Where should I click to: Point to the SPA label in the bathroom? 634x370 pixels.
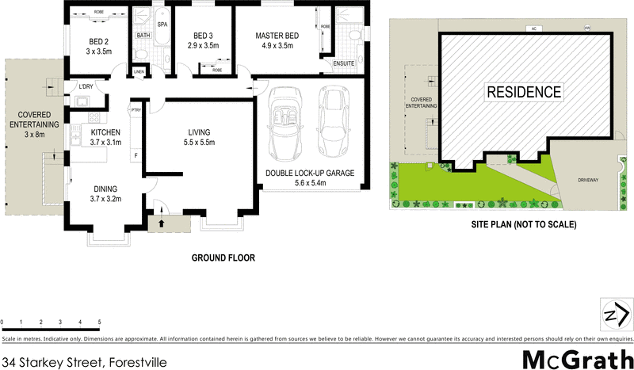coord(162,25)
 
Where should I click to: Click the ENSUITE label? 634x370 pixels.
coord(343,63)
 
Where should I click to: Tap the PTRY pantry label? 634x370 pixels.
coord(136,110)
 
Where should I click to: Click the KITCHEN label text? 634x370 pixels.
coord(105,132)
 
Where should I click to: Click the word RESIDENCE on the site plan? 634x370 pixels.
coord(524,92)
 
